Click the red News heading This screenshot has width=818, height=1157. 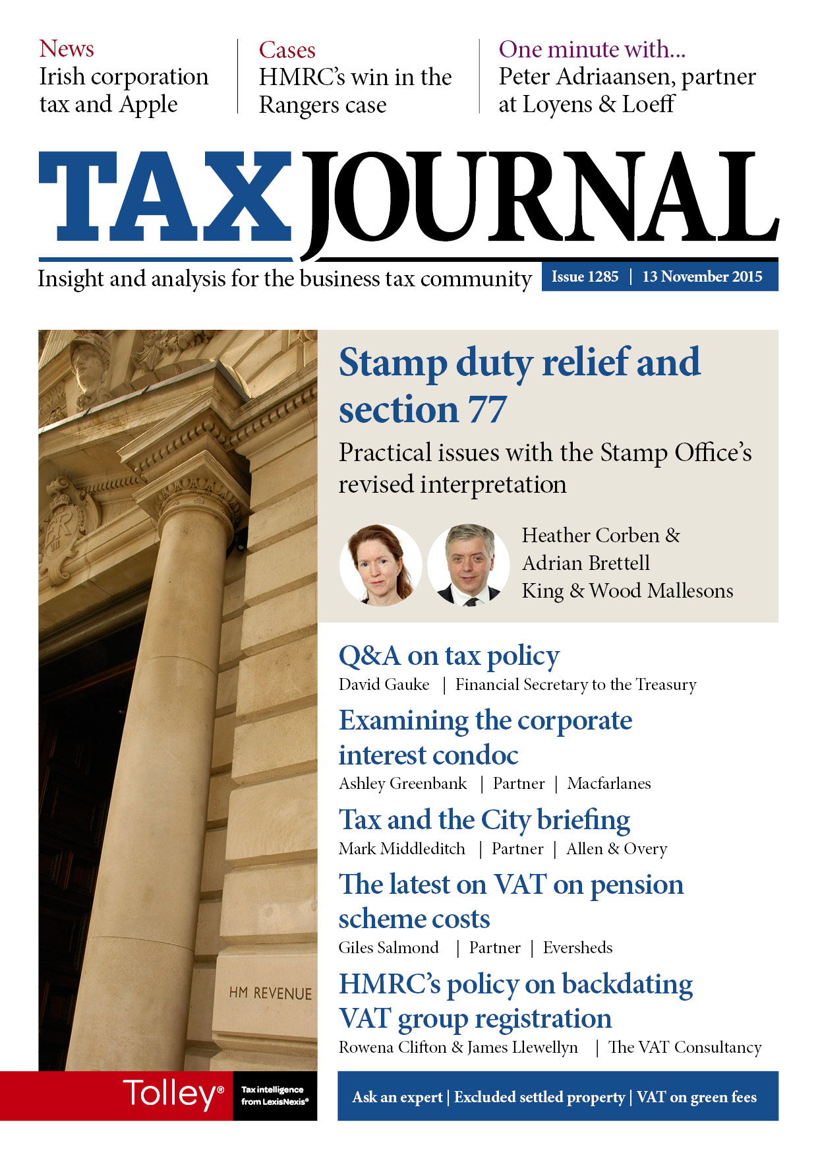(x=67, y=49)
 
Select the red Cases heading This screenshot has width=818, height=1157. (x=287, y=50)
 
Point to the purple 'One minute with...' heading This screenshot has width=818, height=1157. (x=592, y=49)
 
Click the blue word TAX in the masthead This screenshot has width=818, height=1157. (x=165, y=197)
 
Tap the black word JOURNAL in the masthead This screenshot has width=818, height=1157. (x=540, y=198)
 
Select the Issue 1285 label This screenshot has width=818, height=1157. (x=585, y=277)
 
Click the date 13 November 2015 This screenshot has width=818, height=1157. (x=702, y=277)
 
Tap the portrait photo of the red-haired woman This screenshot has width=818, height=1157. (x=380, y=565)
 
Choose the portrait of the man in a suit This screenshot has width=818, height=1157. (x=468, y=565)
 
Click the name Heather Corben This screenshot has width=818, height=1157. (x=591, y=535)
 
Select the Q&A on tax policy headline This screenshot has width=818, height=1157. (x=449, y=656)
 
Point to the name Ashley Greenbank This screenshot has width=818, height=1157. (x=403, y=784)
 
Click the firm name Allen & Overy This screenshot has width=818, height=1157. (x=616, y=849)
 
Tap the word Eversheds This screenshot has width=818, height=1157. (x=577, y=948)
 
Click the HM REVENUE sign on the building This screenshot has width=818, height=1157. (x=270, y=993)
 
